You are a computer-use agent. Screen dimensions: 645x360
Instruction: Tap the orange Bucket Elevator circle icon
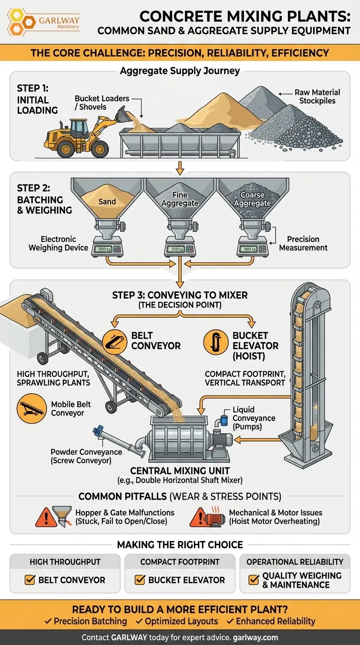point(216,341)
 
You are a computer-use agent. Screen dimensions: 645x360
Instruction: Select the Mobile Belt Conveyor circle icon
point(30,409)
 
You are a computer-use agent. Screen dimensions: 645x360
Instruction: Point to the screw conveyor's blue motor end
point(98,430)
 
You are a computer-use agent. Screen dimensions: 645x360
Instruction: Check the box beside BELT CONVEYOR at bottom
point(30,580)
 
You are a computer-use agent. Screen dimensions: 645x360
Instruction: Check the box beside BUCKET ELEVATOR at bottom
point(139,580)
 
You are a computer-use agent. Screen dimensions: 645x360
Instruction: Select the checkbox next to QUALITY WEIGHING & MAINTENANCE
point(254,580)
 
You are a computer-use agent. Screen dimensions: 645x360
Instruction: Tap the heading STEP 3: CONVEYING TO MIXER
point(180,295)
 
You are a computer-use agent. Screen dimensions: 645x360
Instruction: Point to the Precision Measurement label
point(303,243)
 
